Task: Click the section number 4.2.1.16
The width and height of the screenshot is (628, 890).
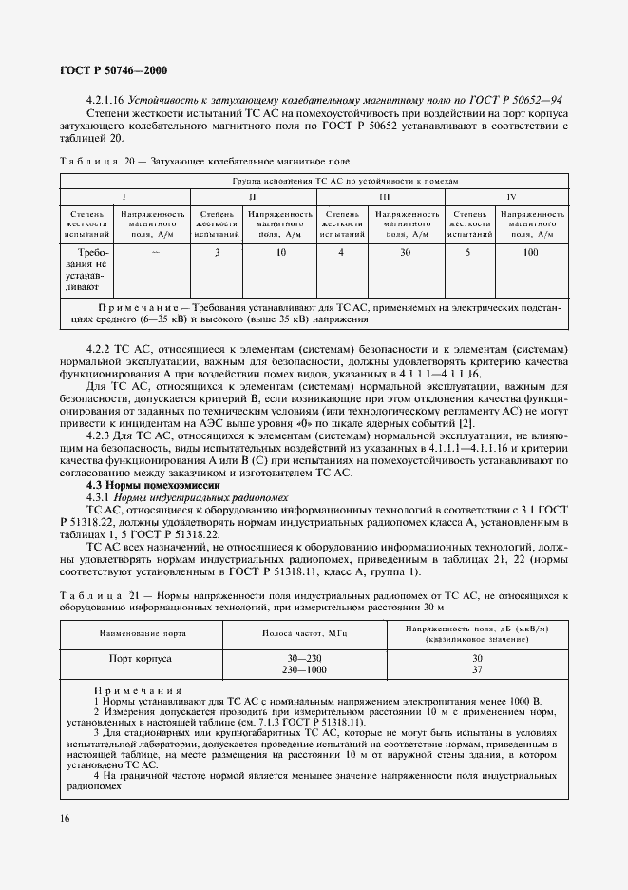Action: [x=105, y=98]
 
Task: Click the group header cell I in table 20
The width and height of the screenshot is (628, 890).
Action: [x=124, y=195]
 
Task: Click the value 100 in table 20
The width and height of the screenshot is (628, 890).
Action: [x=530, y=252]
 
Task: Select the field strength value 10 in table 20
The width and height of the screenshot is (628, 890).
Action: [x=281, y=252]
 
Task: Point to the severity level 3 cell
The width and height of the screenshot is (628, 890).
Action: [x=218, y=252]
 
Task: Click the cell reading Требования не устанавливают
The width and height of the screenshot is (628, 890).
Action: [x=87, y=268]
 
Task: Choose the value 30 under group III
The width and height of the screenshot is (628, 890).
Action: [x=406, y=252]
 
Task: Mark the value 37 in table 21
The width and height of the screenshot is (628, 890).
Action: [x=478, y=668]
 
